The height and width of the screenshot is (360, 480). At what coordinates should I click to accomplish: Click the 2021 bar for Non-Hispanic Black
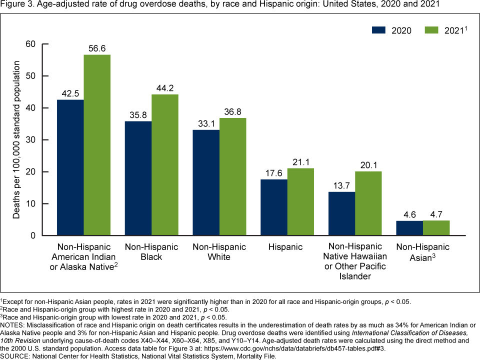tap(165, 165)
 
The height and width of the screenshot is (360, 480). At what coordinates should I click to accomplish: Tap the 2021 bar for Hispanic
tap(300, 202)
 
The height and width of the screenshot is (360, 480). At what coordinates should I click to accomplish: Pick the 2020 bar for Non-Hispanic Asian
tap(409, 228)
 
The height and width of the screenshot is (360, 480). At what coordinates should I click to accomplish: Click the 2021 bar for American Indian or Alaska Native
tap(97, 145)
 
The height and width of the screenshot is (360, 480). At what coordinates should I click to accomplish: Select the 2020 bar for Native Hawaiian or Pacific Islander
tap(341, 213)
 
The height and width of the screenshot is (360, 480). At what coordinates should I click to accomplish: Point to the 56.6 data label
tap(97, 49)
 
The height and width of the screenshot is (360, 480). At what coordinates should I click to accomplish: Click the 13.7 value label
tap(341, 186)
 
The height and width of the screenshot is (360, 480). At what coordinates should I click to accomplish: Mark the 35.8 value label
tap(138, 115)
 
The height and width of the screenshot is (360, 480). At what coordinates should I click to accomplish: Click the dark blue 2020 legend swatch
tap(381, 30)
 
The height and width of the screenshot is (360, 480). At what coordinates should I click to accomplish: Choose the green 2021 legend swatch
tap(433, 30)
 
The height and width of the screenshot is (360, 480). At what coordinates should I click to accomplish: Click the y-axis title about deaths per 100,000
tap(16, 139)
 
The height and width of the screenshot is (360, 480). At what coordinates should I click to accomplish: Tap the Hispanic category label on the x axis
tap(285, 247)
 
